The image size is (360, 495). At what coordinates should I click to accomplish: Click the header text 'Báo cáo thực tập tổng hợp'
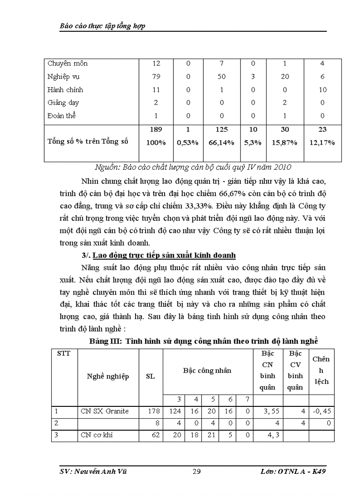[x=102, y=26]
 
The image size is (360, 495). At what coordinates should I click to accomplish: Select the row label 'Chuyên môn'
[x=67, y=63]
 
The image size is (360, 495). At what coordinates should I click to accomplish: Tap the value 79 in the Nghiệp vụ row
[x=156, y=77]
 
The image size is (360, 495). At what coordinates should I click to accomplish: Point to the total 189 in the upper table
[x=156, y=130]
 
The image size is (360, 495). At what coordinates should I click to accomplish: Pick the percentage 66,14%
[x=221, y=143]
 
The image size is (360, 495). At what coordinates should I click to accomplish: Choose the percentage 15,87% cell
[x=285, y=143]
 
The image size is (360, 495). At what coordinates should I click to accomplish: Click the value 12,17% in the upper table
[x=322, y=143]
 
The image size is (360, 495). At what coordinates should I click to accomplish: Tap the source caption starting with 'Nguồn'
[x=193, y=167]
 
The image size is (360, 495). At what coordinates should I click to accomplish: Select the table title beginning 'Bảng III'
[x=203, y=341]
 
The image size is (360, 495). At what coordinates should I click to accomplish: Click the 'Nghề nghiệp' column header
[x=108, y=376]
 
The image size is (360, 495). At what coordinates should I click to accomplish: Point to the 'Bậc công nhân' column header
[x=207, y=370]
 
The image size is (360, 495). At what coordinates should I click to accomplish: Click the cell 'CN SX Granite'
[x=105, y=411]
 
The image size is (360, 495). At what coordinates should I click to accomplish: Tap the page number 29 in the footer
[x=197, y=472]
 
